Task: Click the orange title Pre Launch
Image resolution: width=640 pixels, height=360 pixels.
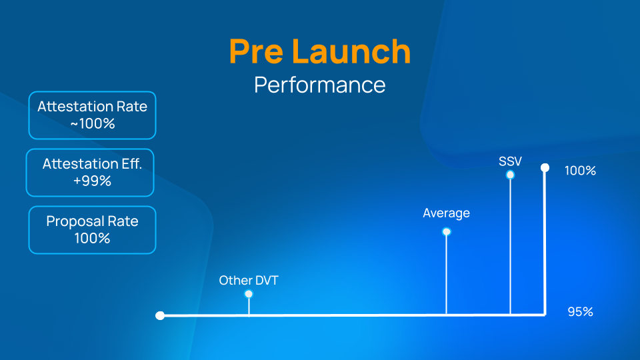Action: pos(319,51)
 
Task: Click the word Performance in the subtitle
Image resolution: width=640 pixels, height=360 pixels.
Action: pos(319,85)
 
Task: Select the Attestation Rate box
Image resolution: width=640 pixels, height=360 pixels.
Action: pos(92,115)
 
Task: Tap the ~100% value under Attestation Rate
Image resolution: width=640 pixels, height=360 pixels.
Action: pos(92,123)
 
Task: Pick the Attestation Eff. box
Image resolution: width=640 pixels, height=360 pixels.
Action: pos(90,172)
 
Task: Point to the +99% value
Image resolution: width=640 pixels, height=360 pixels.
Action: pos(92,181)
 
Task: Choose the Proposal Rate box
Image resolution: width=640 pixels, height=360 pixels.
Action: pos(92,230)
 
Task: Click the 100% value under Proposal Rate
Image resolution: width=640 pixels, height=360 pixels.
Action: pos(92,238)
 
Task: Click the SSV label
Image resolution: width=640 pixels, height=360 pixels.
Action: pos(510,161)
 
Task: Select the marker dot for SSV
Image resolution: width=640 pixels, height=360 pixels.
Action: pos(510,175)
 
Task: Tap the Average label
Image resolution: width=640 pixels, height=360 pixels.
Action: pos(446,213)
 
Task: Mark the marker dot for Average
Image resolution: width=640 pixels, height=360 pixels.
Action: pos(447,232)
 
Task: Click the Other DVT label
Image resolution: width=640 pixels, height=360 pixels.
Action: pos(249,281)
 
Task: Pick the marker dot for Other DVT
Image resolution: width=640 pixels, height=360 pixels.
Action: pos(249,294)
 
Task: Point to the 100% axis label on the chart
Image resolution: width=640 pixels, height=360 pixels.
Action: pos(580,171)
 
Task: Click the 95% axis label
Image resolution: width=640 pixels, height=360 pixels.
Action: pos(580,312)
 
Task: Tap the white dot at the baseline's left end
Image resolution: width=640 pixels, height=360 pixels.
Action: pos(160,315)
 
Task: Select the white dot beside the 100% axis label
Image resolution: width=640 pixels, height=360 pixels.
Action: pos(545,168)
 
